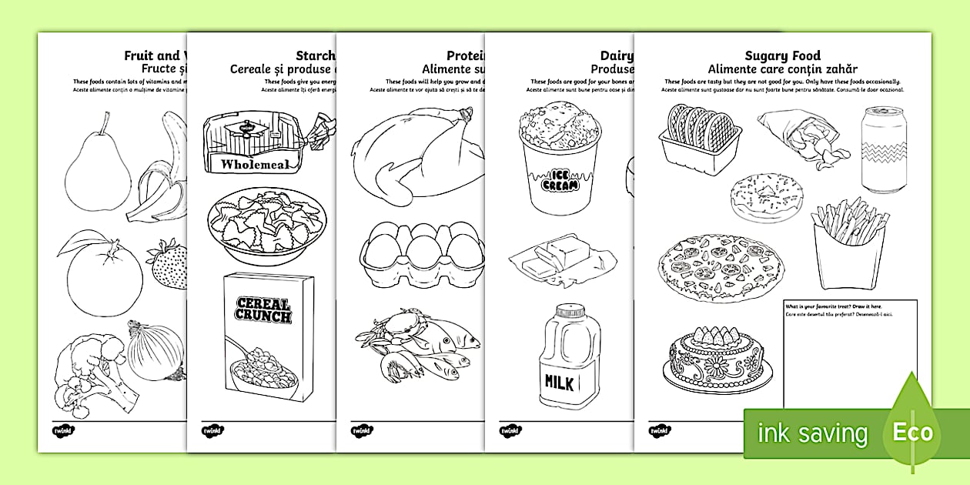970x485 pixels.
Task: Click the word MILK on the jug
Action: pyautogui.click(x=560, y=382)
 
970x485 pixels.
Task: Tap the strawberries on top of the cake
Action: pyautogui.click(x=713, y=336)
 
